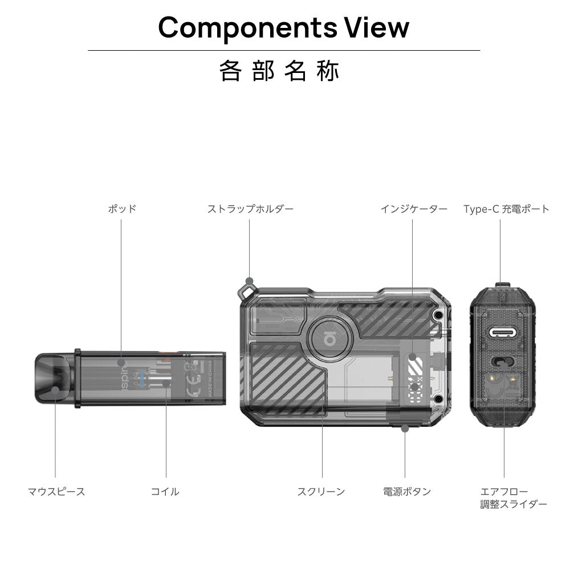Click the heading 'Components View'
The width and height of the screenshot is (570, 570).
click(284, 27)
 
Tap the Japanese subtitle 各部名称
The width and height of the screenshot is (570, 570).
click(279, 71)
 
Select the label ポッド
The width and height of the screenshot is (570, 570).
click(122, 209)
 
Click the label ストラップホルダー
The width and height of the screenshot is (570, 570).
click(250, 209)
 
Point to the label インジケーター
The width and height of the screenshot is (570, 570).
click(414, 209)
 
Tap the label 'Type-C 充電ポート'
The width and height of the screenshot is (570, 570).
click(506, 209)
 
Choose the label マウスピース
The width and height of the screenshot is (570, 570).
click(56, 491)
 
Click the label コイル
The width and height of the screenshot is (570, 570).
click(165, 491)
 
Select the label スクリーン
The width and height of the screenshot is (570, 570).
click(321, 491)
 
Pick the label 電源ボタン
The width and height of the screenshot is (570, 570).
click(407, 491)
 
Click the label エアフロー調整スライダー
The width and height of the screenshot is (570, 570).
click(513, 498)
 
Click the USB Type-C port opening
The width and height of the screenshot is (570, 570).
click(501, 333)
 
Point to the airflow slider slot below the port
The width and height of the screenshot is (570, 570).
click(501, 361)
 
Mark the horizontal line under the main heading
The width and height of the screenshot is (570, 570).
click(284, 51)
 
